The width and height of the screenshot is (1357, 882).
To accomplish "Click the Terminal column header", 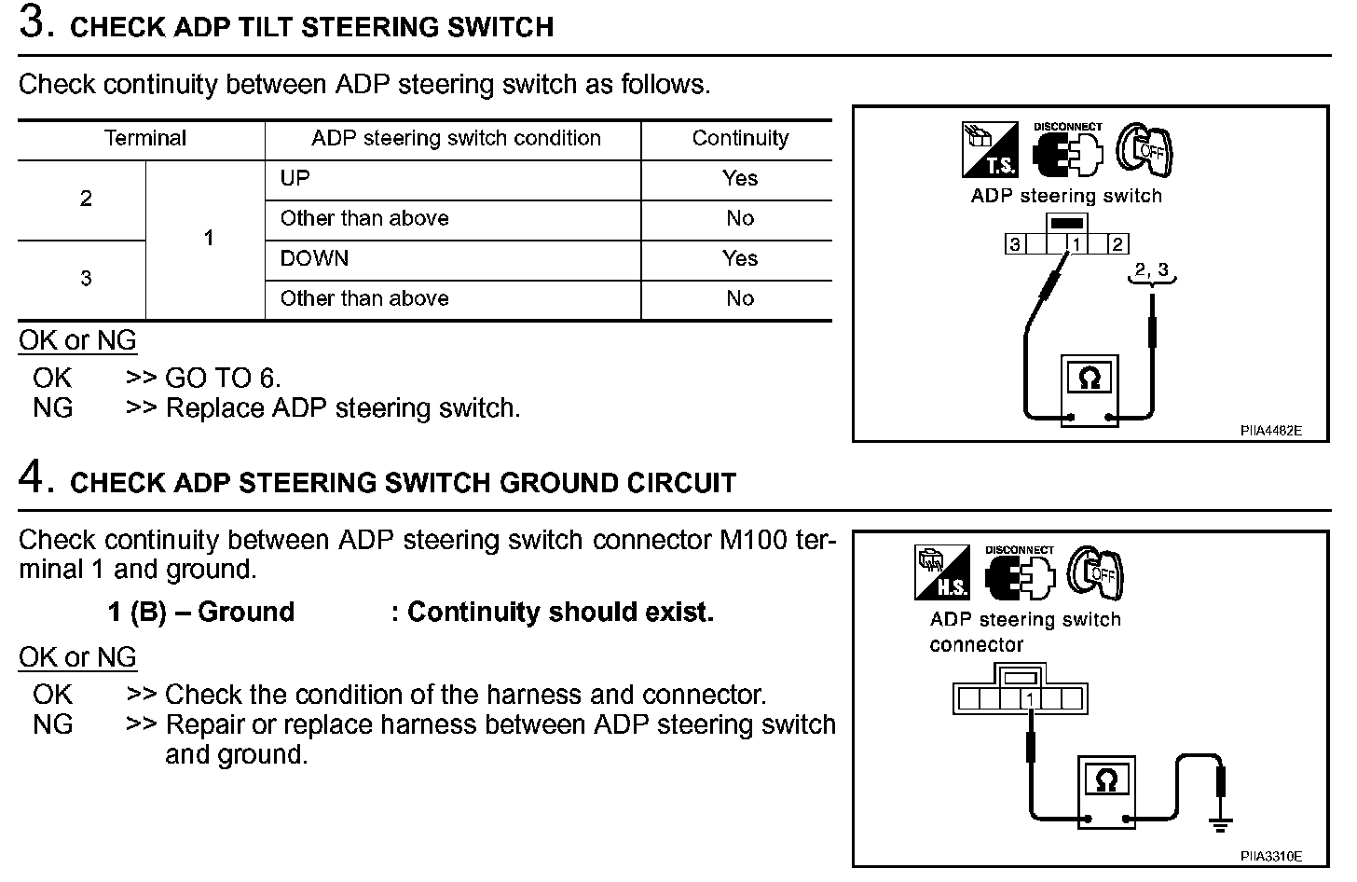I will pos(145,139).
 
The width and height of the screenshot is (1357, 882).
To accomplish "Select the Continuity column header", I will pos(740,139).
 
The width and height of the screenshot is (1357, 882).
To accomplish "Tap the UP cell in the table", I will pos(295,179).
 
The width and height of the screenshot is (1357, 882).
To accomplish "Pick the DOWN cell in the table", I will pos(314,259).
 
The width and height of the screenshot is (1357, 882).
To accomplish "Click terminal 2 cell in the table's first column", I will pos(86,199).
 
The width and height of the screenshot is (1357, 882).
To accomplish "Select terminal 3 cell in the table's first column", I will pos(86,279).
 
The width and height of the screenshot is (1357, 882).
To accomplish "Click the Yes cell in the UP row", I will pos(740,179).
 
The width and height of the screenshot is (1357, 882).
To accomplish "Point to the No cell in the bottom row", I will pos(740,299).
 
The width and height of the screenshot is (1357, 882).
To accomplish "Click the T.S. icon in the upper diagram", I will pos(991,150).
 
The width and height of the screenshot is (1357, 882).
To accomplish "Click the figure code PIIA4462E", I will pos(1270,431).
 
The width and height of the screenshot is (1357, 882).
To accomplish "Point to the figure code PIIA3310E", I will pos(1270,856).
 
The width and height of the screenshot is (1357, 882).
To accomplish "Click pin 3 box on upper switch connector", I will pos(1014,245).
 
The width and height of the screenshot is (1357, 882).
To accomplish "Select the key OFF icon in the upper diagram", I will pos(1145,150).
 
